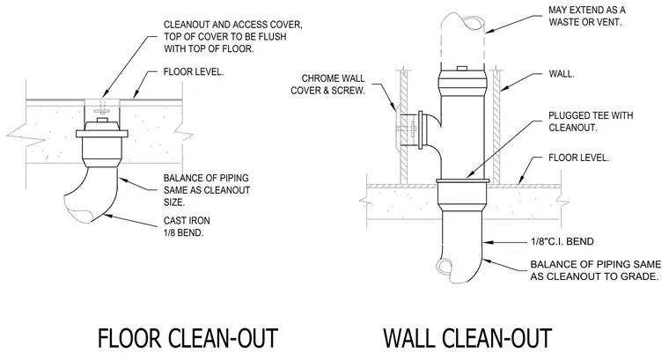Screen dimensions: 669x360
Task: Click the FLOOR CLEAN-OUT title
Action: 187,338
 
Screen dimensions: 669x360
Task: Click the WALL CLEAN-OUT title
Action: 467,338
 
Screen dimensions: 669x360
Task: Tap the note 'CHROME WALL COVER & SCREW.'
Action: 328,84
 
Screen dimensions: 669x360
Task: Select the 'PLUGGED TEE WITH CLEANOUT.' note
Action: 591,121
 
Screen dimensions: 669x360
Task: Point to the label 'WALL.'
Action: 562,74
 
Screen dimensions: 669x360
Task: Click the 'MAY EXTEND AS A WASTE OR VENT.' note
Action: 586,16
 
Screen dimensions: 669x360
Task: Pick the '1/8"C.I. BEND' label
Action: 562,241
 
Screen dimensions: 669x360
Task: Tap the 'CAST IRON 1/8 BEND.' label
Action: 187,226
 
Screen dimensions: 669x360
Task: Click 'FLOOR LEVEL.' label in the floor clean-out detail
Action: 194,71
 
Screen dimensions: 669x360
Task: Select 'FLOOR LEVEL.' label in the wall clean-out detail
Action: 578,158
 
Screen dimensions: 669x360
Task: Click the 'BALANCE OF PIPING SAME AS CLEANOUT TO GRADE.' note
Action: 596,270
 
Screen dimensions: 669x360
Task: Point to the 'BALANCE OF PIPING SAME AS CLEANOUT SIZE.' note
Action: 207,190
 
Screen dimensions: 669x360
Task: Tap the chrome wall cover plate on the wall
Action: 398,128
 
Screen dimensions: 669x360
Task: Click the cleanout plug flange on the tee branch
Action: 421,130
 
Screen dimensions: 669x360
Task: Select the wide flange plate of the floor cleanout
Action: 102,134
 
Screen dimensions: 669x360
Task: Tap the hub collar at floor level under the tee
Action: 462,192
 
